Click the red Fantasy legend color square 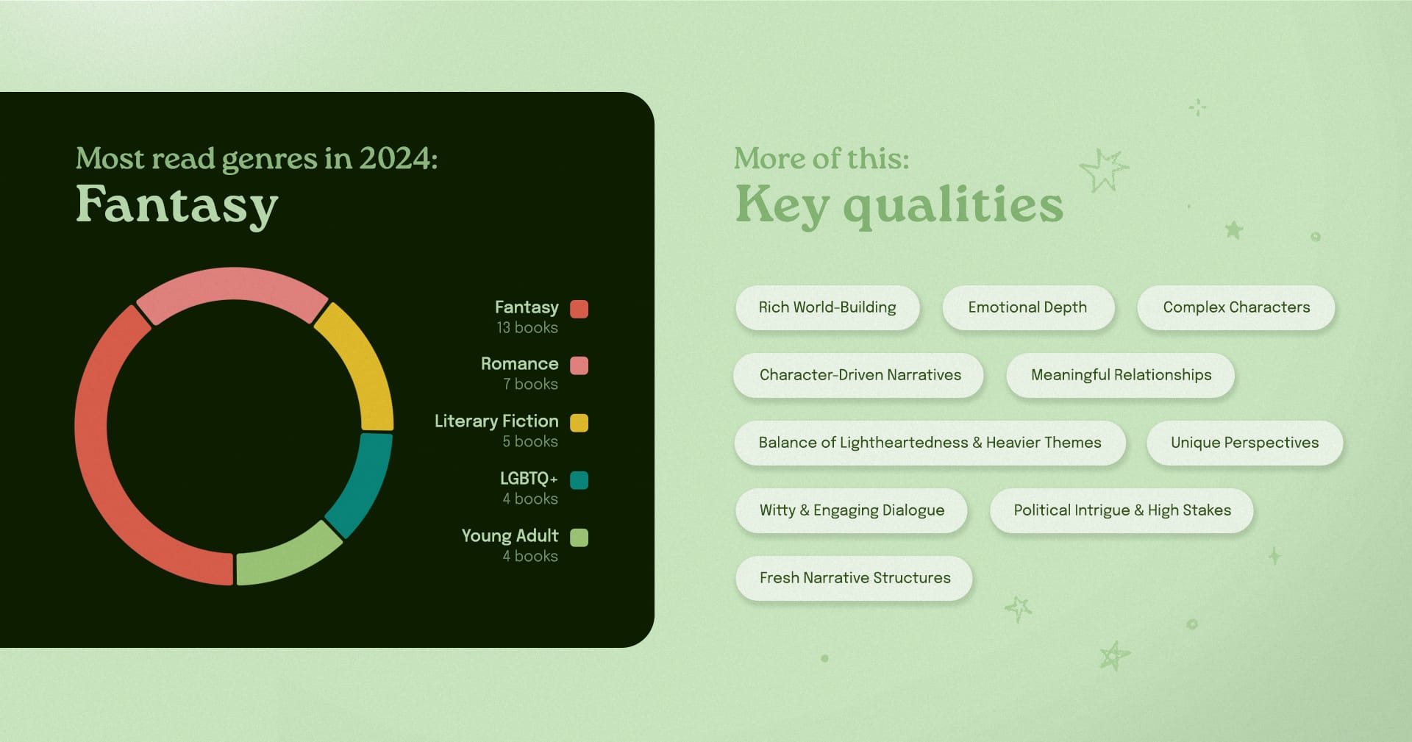(580, 308)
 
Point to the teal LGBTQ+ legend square (580, 480)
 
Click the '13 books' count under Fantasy (527, 328)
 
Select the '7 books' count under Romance (530, 385)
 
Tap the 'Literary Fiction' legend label (496, 421)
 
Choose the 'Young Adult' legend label (510, 536)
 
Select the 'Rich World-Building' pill (827, 307)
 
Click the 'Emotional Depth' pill (1028, 307)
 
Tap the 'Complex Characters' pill (1236, 307)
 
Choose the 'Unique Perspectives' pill (1245, 443)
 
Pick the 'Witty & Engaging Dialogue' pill (852, 510)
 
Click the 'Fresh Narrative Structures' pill (855, 578)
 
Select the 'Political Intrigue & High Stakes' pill (1122, 510)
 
